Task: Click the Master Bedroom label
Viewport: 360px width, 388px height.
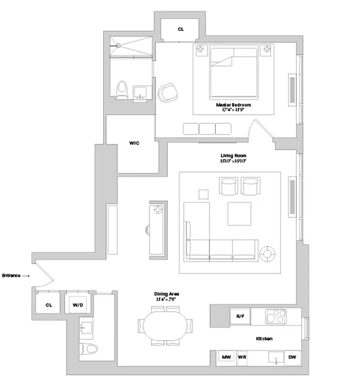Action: point(233,105)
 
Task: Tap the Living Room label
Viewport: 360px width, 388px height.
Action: point(233,156)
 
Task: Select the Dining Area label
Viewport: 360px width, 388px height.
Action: point(164,295)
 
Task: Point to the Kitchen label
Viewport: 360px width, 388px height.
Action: point(264,339)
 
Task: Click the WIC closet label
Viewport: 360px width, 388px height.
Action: point(134,143)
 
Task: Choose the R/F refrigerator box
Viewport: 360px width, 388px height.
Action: point(240,316)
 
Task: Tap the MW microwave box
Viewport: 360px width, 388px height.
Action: point(226,357)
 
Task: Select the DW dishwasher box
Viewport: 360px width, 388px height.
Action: point(292,357)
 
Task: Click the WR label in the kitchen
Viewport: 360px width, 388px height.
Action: point(242,357)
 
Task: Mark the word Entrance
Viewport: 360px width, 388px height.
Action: point(11,275)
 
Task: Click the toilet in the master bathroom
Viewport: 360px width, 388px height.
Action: point(122,90)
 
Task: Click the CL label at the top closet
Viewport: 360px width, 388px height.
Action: point(180,29)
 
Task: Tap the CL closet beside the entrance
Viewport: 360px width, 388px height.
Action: point(49,305)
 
